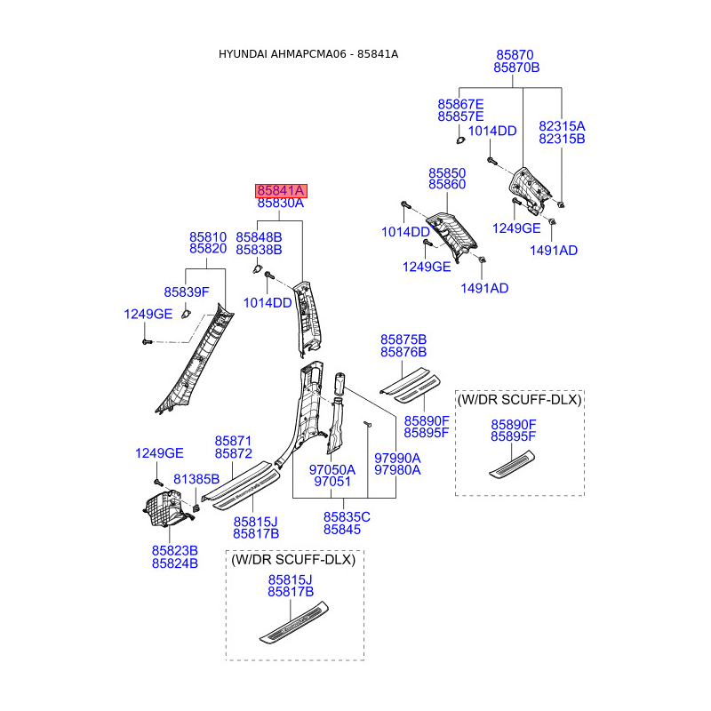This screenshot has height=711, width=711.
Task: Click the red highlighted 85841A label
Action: [281, 190]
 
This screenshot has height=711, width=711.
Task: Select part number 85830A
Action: [281, 204]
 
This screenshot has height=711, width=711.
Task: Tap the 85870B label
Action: [517, 68]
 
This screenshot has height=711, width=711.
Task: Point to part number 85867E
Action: [460, 104]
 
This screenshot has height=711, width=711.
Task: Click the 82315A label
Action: [562, 126]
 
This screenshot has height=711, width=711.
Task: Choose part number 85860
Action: [447, 184]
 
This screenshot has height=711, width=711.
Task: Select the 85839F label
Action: [186, 292]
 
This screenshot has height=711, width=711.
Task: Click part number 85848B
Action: [259, 237]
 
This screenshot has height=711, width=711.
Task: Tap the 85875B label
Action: [403, 340]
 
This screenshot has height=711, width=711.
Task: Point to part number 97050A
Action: [332, 469]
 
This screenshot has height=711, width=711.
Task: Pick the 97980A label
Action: [397, 470]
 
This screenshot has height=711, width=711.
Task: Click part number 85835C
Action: [347, 517]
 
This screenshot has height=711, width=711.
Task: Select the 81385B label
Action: [196, 479]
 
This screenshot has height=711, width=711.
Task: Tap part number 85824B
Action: [174, 563]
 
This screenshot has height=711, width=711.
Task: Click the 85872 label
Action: [233, 454]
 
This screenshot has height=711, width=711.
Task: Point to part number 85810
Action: [208, 237]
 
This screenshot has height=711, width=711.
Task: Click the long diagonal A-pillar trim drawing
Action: [196, 360]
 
